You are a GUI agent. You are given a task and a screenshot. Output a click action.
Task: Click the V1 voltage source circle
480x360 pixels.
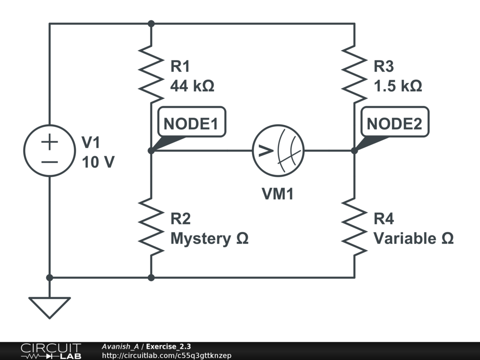[x=49, y=150]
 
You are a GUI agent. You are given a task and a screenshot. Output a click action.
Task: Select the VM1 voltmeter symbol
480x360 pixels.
[x=278, y=150]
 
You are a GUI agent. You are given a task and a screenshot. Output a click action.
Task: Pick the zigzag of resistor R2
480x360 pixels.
[x=151, y=226]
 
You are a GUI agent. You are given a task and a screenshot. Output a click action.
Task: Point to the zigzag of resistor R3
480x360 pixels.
[x=354, y=74]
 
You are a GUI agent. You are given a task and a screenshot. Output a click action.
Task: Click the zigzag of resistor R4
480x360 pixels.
[x=354, y=226]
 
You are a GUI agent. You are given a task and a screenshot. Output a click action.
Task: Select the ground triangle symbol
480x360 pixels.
[x=49, y=306]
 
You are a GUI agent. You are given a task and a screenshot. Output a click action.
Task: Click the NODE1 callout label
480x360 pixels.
[x=191, y=123]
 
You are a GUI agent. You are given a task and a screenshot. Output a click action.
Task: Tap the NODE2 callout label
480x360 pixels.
[x=394, y=123]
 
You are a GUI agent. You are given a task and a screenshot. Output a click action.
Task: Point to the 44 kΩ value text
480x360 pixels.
[x=192, y=86]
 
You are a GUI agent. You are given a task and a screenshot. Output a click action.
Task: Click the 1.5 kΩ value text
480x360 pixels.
[x=397, y=86]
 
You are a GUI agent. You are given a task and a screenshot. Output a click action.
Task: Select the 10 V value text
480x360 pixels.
[x=98, y=162]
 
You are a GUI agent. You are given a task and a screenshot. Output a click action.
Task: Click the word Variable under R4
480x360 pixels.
[x=404, y=239]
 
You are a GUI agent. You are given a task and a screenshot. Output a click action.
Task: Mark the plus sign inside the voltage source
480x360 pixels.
[x=49, y=142]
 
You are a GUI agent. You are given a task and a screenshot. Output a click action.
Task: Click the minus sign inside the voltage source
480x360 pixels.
[x=49, y=162]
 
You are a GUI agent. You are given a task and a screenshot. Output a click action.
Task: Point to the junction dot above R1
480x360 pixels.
[x=151, y=23]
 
